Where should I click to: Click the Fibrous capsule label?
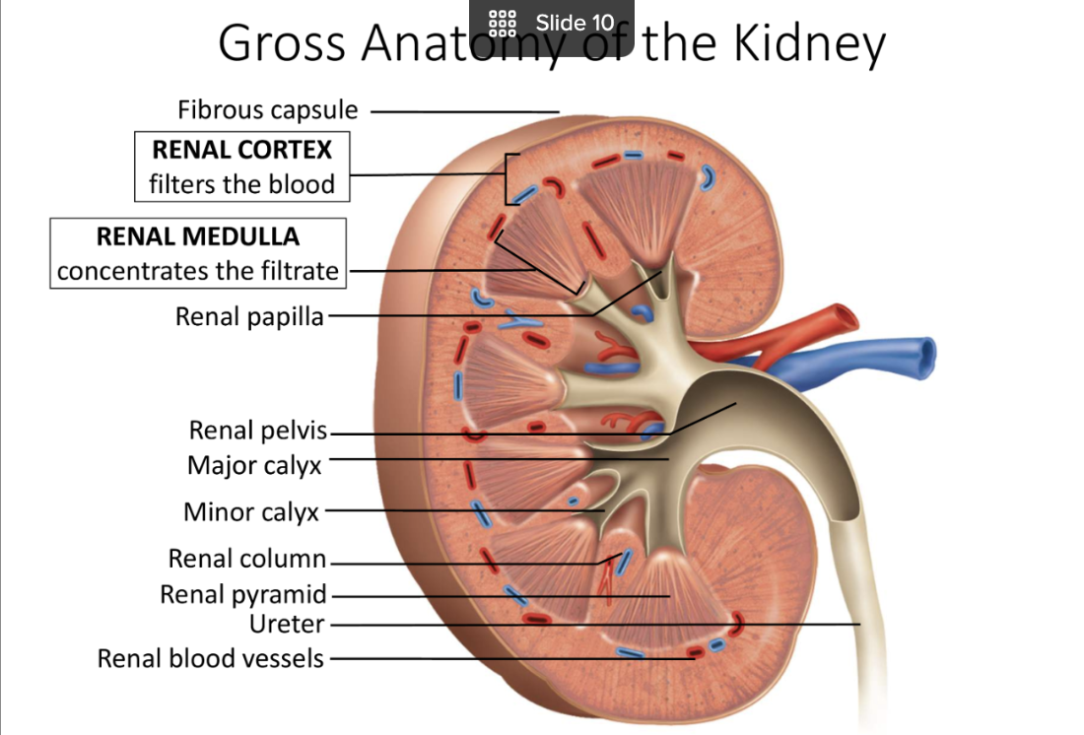(267, 109)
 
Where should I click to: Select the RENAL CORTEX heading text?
(242, 150)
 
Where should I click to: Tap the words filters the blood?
(242, 184)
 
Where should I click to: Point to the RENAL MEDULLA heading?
(198, 236)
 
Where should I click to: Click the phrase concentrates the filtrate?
(198, 270)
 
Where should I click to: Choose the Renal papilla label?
(249, 316)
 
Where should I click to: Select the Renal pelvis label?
(259, 431)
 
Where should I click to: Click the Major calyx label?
(254, 464)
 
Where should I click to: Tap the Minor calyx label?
(251, 512)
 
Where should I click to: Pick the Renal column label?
(246, 559)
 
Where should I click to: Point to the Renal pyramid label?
(243, 595)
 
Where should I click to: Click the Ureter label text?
(287, 624)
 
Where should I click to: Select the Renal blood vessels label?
(210, 658)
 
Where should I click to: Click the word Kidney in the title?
(809, 43)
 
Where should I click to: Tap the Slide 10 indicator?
(575, 23)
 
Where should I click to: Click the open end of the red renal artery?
(845, 317)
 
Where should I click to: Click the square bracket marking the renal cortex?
(508, 178)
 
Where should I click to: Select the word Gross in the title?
(281, 43)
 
